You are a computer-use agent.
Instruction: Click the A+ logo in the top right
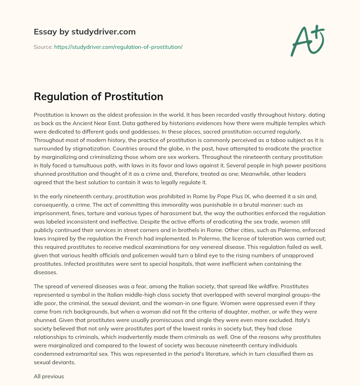pos(307,40)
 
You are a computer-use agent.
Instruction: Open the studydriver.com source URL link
pos(118,47)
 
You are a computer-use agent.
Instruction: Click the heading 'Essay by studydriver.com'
pos(84,32)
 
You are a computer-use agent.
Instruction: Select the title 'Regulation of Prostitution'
pos(98,97)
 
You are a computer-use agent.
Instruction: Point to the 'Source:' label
pos(43,47)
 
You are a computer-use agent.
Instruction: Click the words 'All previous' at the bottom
pos(49,377)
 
